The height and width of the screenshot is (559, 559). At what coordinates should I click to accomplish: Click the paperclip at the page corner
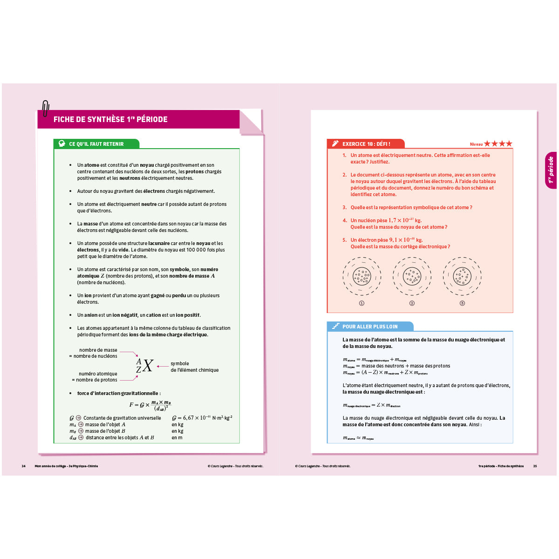pyautogui.click(x=45, y=109)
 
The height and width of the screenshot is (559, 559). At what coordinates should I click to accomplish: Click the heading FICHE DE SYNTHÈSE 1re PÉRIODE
pyautogui.click(x=110, y=119)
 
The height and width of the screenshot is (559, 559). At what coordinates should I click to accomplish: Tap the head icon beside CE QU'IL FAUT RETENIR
pyautogui.click(x=61, y=144)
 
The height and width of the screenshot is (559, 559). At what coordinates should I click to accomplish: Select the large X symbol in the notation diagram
pyautogui.click(x=147, y=366)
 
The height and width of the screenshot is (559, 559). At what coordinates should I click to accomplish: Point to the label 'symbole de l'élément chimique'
pyautogui.click(x=194, y=367)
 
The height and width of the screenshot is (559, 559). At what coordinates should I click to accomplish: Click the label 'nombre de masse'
pyautogui.click(x=98, y=350)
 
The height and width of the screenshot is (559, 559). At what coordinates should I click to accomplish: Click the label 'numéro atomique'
pyautogui.click(x=98, y=374)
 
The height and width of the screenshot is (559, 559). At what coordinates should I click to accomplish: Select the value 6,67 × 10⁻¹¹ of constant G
pyautogui.click(x=191, y=418)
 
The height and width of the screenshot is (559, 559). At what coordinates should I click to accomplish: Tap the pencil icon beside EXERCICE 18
pyautogui.click(x=335, y=144)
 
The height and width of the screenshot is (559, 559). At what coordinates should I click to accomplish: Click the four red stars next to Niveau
pyautogui.click(x=498, y=144)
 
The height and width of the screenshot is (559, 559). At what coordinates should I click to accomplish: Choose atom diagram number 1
pyautogui.click(x=362, y=276)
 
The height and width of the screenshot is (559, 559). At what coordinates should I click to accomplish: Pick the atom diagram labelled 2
pyautogui.click(x=412, y=276)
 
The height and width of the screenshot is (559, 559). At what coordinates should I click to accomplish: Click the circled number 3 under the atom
pyautogui.click(x=462, y=303)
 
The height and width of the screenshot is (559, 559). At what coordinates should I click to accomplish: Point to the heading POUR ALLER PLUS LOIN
pyautogui.click(x=370, y=327)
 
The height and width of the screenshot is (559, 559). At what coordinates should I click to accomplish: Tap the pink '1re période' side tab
pyautogui.click(x=551, y=170)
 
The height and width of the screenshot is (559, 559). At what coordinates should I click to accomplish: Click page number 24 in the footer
pyautogui.click(x=23, y=466)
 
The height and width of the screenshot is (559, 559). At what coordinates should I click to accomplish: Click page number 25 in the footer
pyautogui.click(x=535, y=466)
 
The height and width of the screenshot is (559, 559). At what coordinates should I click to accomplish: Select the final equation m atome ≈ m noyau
pyautogui.click(x=358, y=438)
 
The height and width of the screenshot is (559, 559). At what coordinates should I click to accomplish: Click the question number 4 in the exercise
pyautogui.click(x=345, y=220)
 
